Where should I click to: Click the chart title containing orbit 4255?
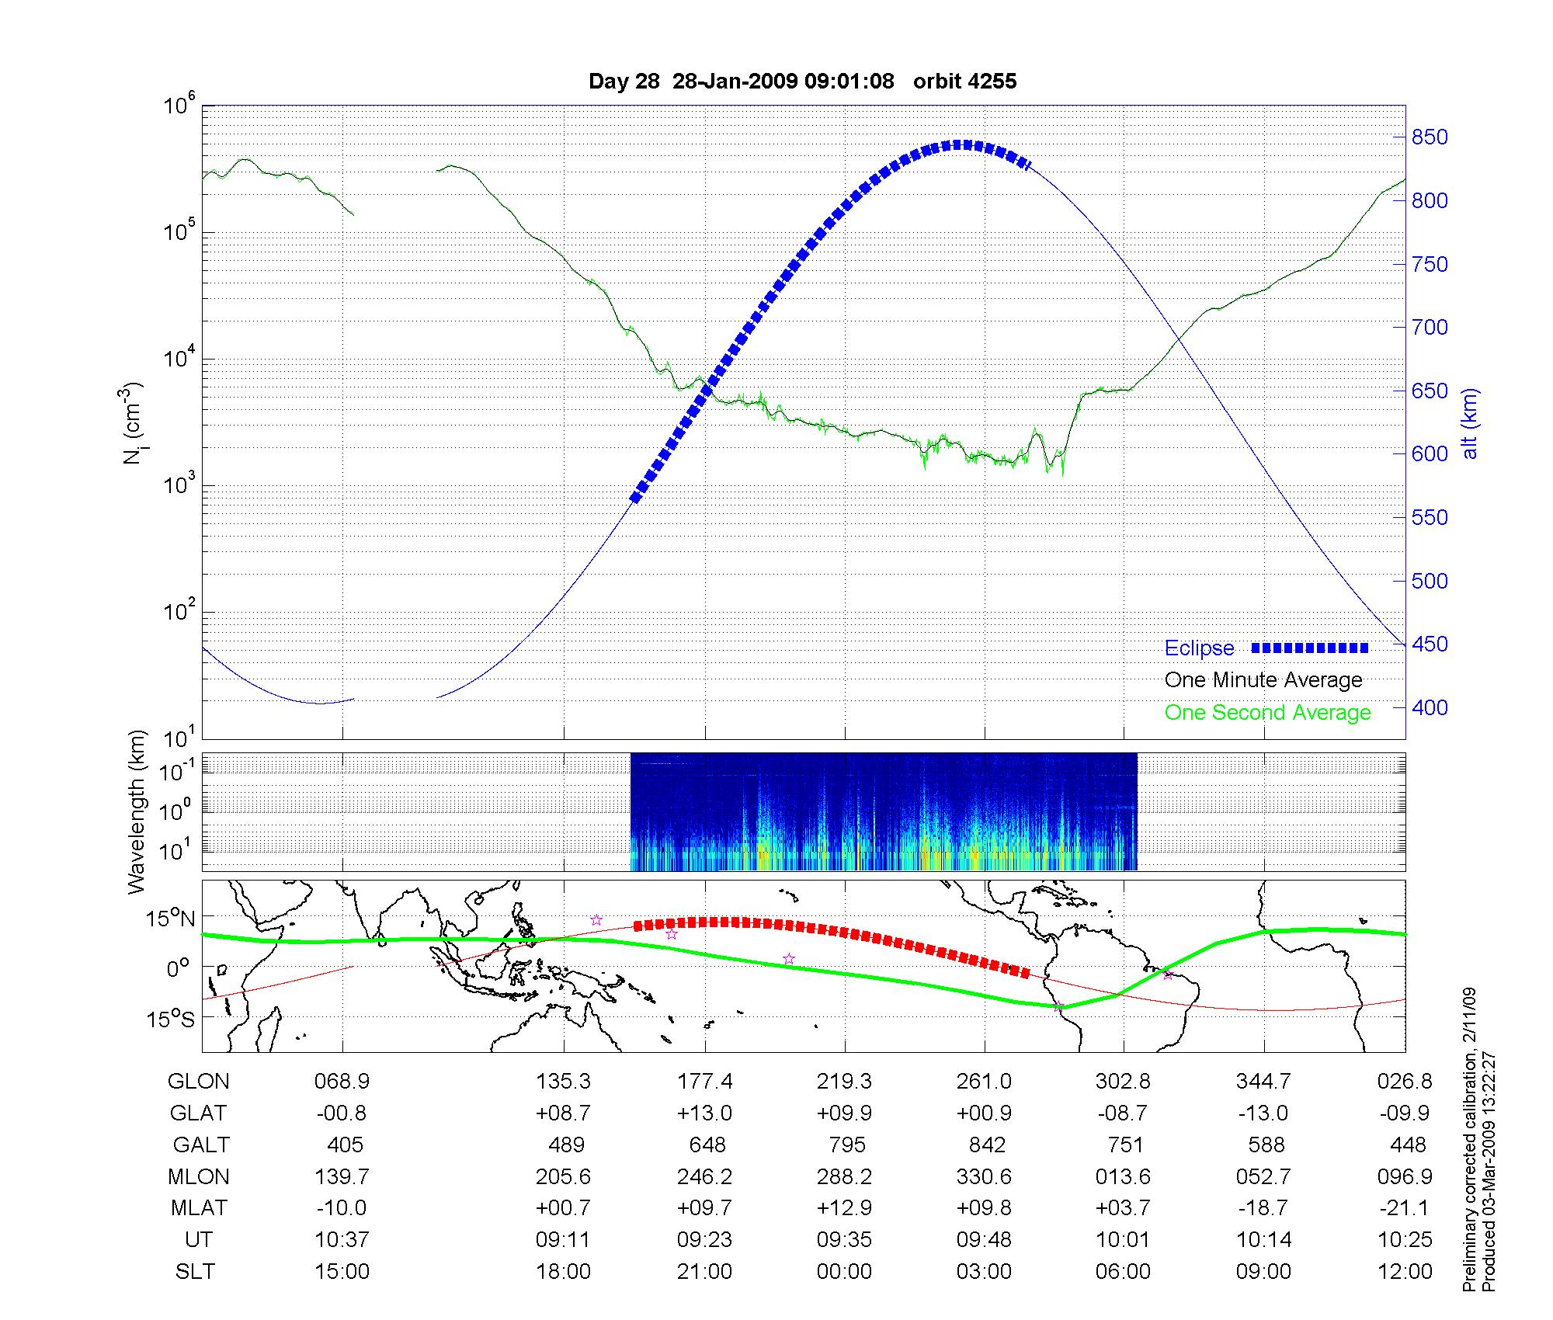(802, 82)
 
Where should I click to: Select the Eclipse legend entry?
(1199, 648)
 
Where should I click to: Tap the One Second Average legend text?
(1267, 713)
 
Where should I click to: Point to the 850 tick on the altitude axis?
(1430, 137)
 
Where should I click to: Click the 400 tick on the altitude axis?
(1430, 707)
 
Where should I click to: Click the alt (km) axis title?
(1471, 423)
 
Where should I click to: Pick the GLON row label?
(199, 1082)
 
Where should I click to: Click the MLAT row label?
(199, 1208)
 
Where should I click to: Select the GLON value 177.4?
(704, 1082)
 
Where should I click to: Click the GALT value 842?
(985, 1145)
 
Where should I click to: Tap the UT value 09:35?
(844, 1240)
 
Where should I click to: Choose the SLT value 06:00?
(1123, 1272)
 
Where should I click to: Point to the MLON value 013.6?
(1123, 1177)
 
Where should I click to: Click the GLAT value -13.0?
(1263, 1113)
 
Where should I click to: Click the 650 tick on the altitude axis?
(1430, 391)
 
